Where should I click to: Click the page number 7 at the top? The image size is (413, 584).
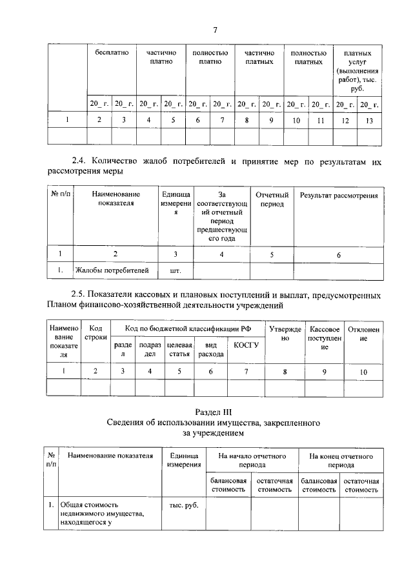(x=215, y=29)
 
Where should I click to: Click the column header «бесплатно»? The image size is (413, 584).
(x=111, y=52)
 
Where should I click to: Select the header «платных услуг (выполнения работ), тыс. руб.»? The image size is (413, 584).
(x=357, y=70)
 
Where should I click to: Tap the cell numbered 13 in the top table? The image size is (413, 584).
(x=369, y=120)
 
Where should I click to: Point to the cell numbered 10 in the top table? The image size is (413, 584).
(x=296, y=120)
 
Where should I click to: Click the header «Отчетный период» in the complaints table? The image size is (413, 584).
(x=271, y=199)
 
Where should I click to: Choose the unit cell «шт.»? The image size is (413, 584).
(x=174, y=272)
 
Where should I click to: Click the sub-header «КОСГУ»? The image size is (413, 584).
(x=246, y=345)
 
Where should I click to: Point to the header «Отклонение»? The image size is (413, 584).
(x=363, y=334)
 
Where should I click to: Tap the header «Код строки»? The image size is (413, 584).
(x=96, y=334)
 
